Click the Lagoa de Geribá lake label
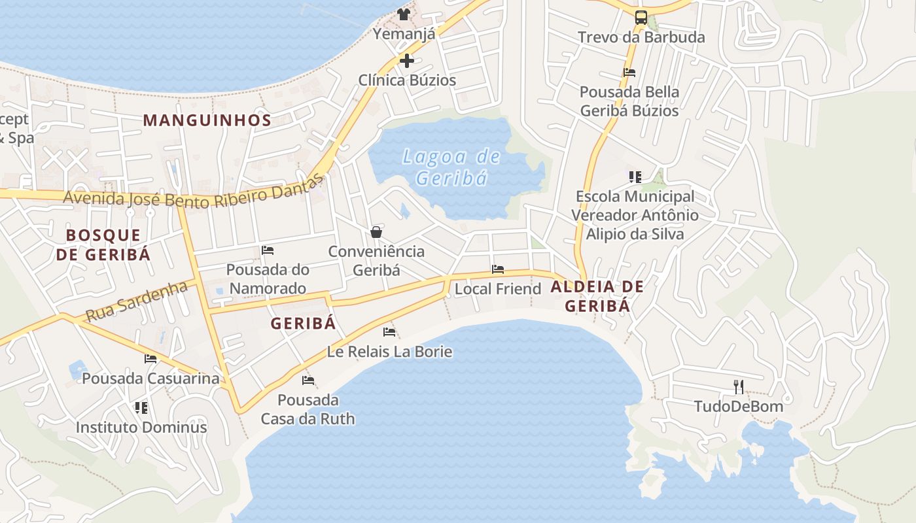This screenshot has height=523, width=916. [451, 167]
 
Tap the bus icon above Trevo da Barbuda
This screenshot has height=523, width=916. [641, 18]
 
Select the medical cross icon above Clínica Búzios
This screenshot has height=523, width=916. [407, 61]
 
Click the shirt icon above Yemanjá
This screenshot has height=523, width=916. [404, 14]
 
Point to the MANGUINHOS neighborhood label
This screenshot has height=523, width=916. [207, 120]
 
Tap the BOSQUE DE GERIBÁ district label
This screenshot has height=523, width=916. [103, 245]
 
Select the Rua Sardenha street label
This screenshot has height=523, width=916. [137, 301]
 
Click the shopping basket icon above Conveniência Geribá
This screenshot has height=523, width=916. [376, 232]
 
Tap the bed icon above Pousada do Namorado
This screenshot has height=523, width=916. [267, 250]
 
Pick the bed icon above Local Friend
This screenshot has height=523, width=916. [498, 269]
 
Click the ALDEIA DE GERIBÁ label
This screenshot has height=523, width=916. [597, 295]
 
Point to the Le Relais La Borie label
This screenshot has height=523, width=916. [389, 352]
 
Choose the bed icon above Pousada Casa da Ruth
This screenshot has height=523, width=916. [308, 380]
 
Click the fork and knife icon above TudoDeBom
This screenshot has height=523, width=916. [739, 387]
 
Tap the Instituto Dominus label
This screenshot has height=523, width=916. [141, 428]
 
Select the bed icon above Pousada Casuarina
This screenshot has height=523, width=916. [150, 359]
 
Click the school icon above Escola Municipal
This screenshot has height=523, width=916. [635, 177]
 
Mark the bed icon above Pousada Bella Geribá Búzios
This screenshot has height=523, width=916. [629, 73]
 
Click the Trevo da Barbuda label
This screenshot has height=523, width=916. [641, 37]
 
